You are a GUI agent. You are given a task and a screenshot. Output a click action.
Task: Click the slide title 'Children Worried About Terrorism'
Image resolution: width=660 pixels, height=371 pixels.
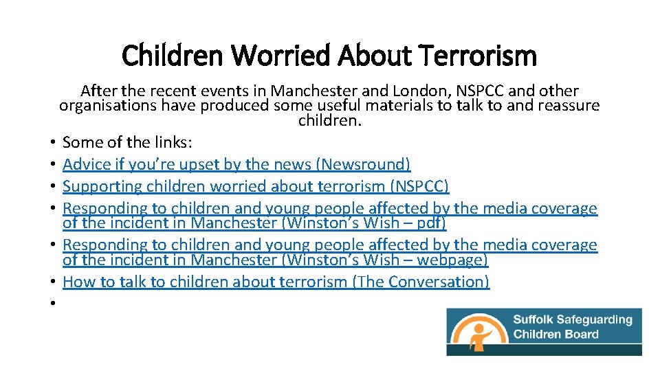[x=329, y=56]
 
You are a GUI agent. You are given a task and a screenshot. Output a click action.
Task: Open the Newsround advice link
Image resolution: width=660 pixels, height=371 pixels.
[x=236, y=164]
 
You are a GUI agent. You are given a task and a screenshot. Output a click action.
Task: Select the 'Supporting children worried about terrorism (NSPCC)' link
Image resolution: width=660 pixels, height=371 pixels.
[x=255, y=186]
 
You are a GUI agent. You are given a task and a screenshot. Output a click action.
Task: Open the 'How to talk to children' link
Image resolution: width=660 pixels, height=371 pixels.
[x=276, y=282]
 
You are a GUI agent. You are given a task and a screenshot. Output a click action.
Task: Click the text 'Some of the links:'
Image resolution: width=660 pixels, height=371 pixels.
[x=127, y=142]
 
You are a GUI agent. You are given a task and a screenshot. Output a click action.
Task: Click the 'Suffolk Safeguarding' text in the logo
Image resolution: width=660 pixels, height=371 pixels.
[x=573, y=319]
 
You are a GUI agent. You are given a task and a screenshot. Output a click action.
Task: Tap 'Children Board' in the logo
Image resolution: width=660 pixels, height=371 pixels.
[x=555, y=335]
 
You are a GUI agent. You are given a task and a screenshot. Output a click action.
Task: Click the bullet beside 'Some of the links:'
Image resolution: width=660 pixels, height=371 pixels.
[x=52, y=143]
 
